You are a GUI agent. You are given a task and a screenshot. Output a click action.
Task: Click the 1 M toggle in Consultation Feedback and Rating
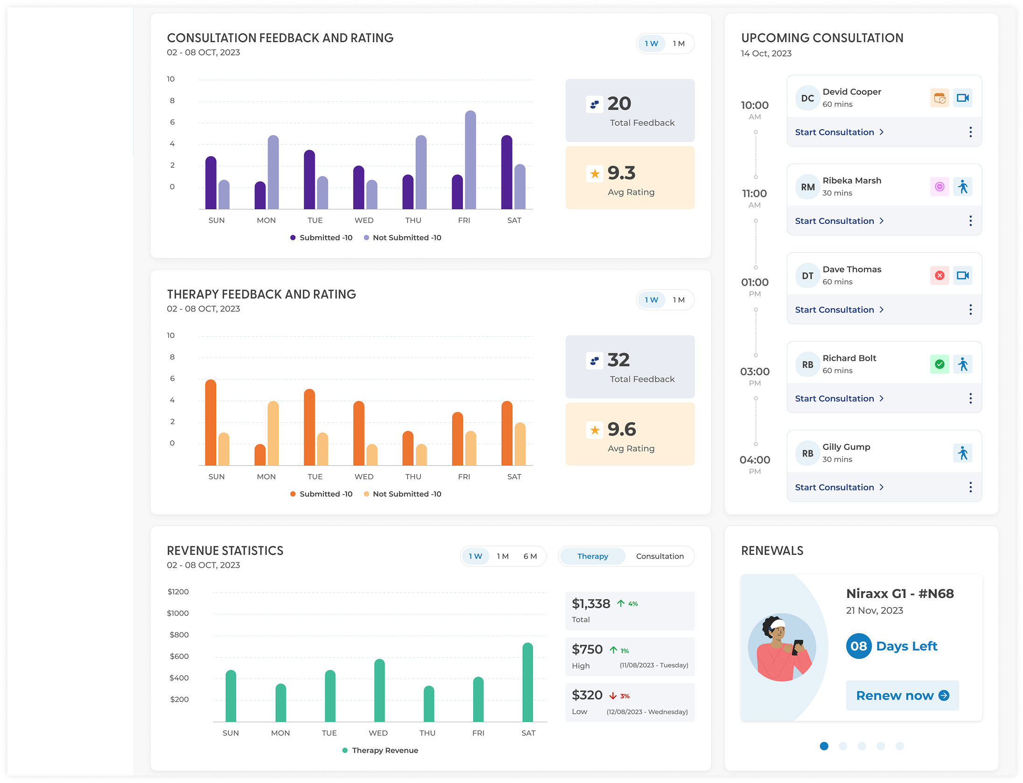click(x=678, y=43)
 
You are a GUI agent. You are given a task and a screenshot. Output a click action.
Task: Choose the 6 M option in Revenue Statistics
click(x=530, y=556)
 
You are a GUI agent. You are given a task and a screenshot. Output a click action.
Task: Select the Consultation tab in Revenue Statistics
click(x=659, y=556)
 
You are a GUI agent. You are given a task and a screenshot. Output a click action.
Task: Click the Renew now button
click(x=902, y=695)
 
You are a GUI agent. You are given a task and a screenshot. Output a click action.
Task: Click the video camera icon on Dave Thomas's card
click(x=962, y=275)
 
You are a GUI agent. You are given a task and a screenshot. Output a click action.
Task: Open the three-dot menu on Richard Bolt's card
click(x=970, y=398)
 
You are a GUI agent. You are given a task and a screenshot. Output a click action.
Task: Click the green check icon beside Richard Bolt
click(x=939, y=364)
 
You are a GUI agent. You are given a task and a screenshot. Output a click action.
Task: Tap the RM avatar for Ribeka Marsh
click(x=807, y=187)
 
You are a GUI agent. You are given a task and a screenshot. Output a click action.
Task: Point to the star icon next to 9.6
click(x=595, y=430)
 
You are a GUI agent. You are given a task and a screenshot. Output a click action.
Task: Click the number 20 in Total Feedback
click(x=619, y=104)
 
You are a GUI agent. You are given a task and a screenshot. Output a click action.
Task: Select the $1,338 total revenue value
click(x=591, y=604)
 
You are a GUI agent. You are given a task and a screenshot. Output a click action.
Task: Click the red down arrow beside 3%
click(x=613, y=696)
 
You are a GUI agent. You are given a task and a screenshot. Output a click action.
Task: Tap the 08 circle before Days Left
click(x=858, y=646)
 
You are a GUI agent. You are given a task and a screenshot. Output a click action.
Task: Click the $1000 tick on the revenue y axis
click(x=178, y=613)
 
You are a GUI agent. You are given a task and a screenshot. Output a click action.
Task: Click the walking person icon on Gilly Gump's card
click(x=962, y=453)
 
